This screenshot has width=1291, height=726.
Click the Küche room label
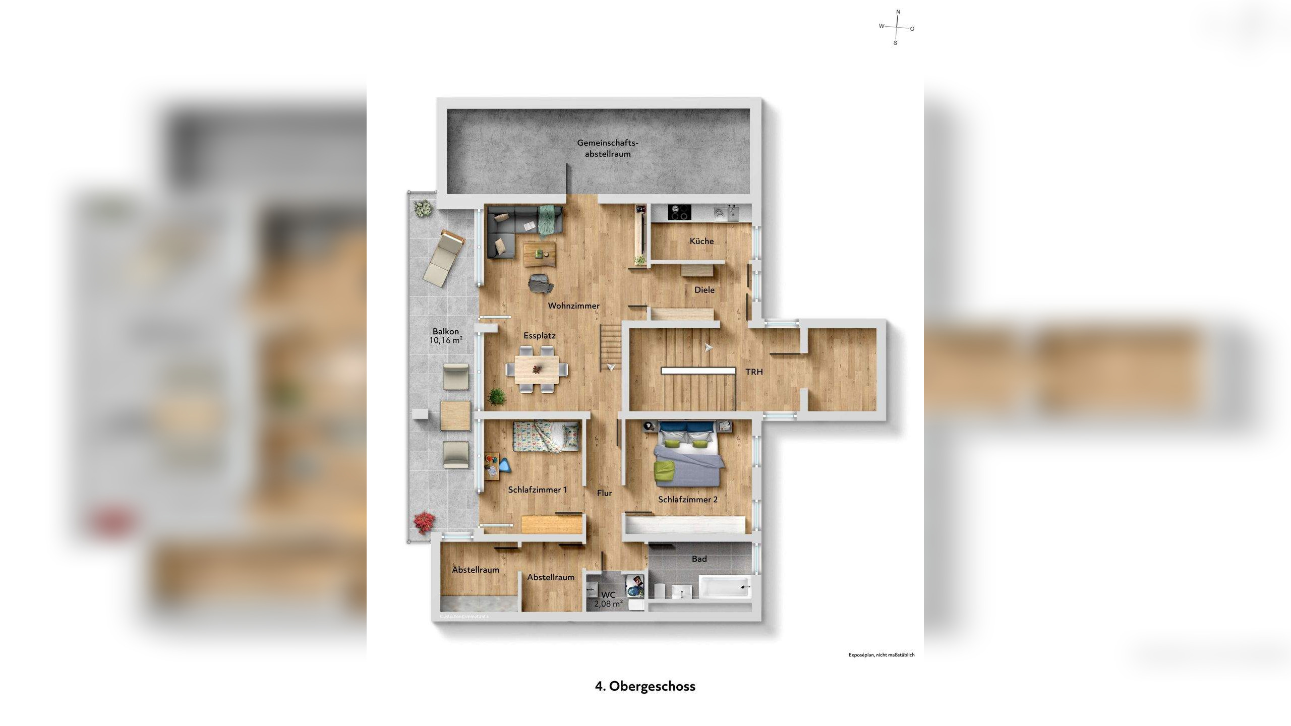701,241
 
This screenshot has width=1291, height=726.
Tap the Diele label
704,290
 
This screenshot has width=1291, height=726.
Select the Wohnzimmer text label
573,306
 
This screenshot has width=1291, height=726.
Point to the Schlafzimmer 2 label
687,500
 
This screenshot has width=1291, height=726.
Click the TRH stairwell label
754,372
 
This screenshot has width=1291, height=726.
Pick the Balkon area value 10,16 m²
446,340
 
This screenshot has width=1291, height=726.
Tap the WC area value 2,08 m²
608,603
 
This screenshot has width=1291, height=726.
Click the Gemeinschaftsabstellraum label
607,149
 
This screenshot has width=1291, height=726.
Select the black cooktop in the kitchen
679,213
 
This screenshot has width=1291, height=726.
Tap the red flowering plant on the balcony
424,522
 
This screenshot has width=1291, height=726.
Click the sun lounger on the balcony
444,258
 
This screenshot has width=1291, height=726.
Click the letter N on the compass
898,12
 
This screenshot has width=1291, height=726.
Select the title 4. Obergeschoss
645,686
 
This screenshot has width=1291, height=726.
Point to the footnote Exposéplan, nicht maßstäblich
881,655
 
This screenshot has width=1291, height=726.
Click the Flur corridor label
604,493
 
